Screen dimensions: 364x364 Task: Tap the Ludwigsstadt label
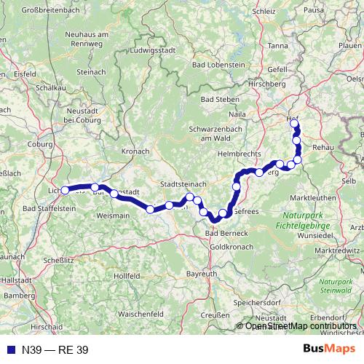(148, 51)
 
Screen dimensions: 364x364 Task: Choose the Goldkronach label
(230, 247)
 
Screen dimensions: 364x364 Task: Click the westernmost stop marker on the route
(65, 190)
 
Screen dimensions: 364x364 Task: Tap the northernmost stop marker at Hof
(294, 123)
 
